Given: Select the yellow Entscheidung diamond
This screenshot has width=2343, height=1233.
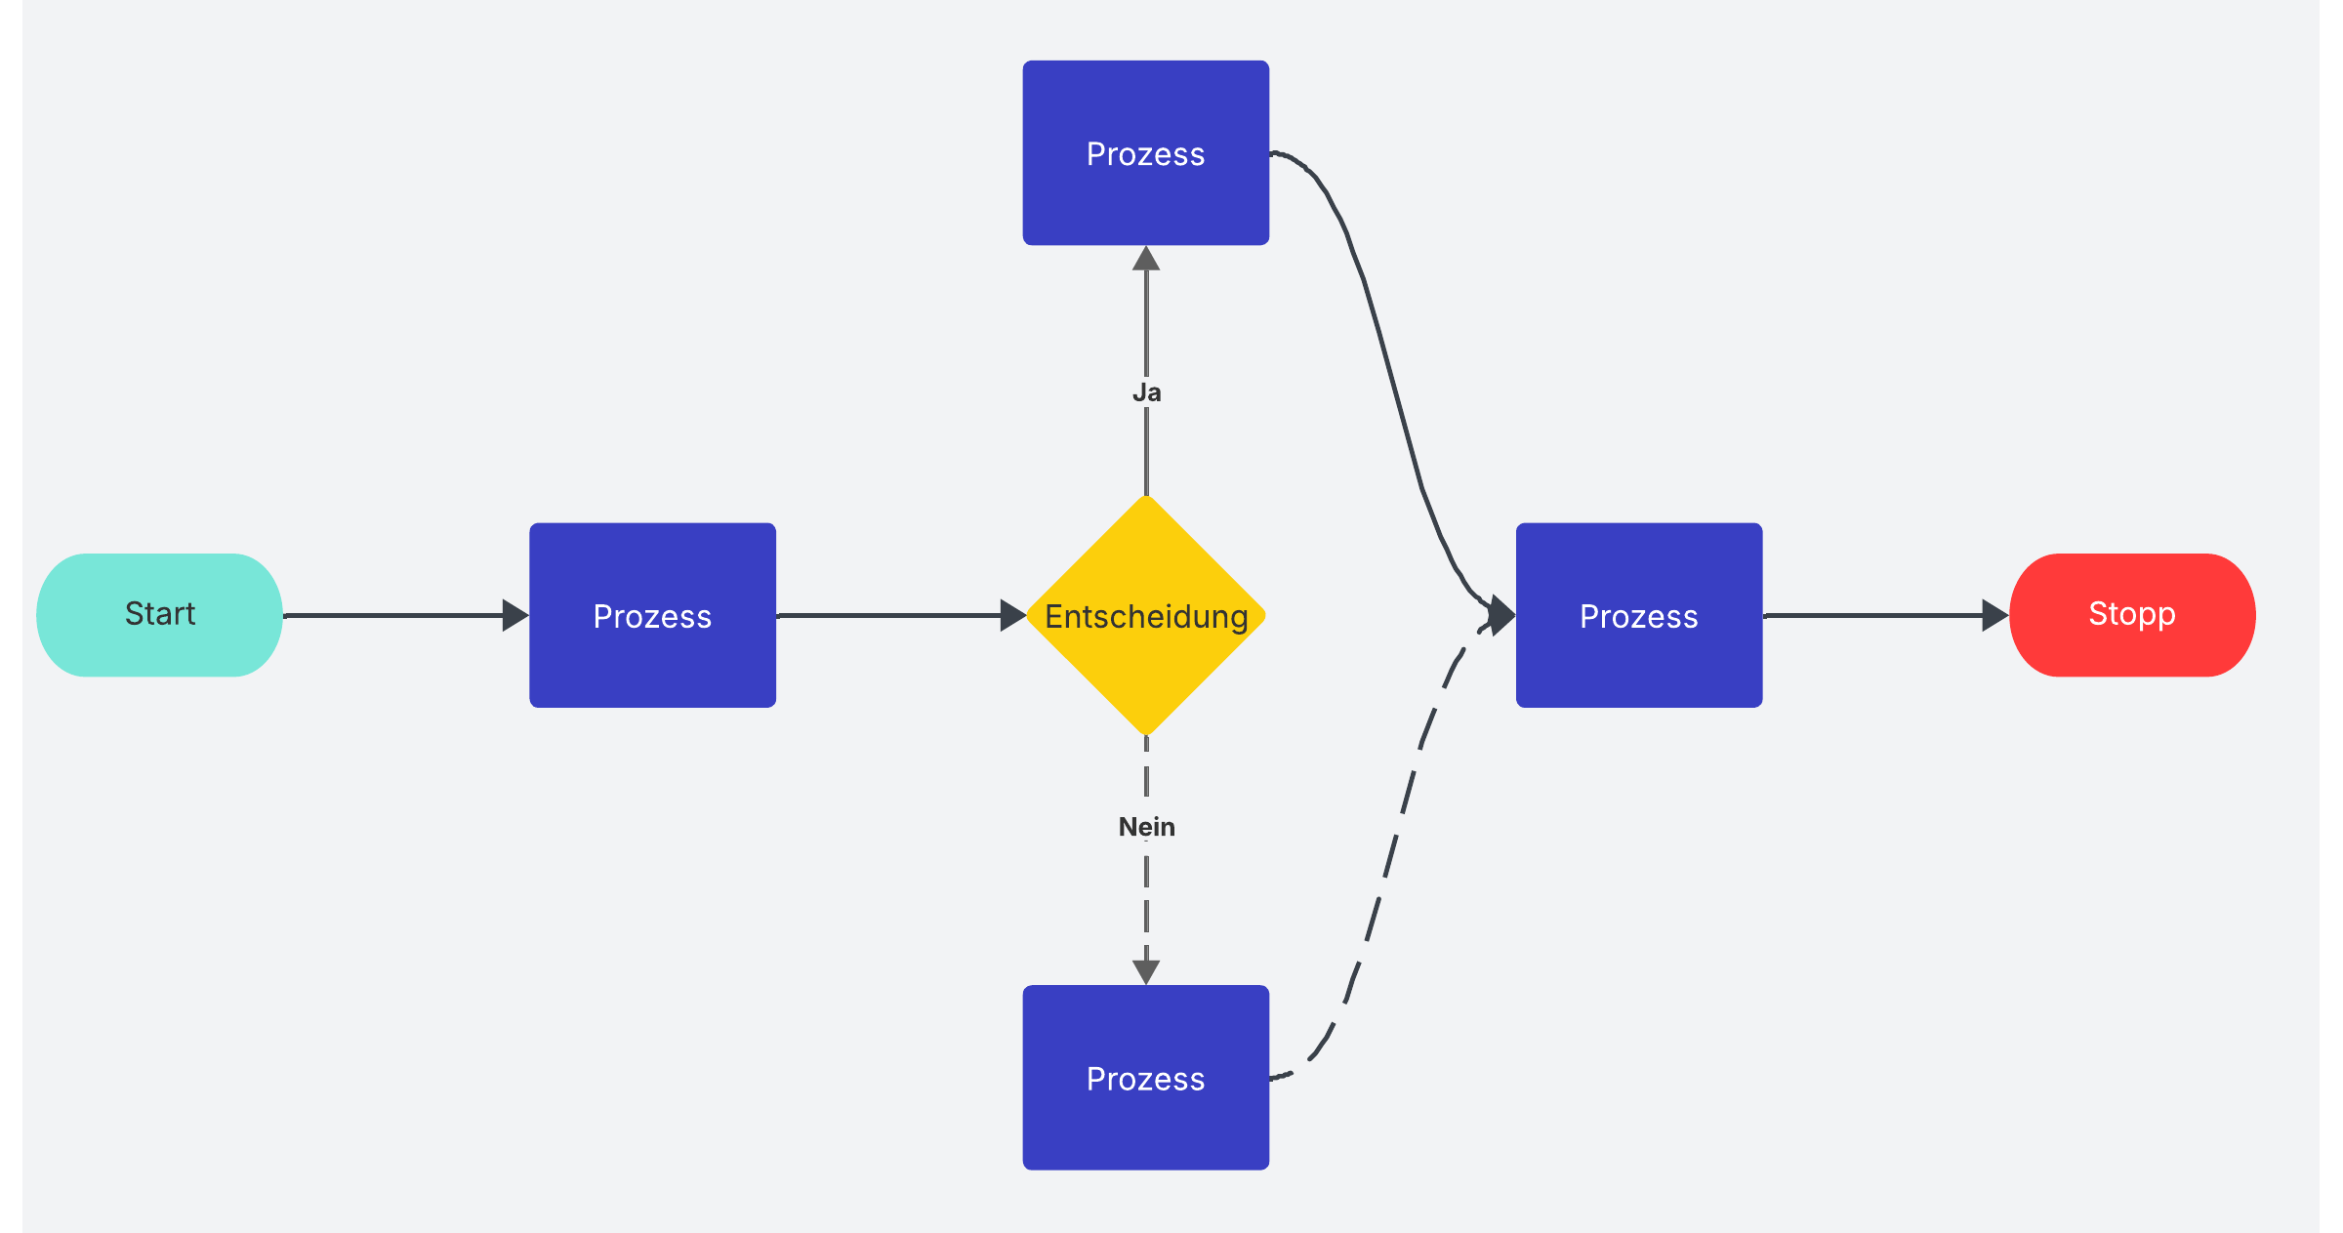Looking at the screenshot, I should (1146, 683).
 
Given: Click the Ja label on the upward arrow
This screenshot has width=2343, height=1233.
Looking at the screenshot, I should (1146, 392).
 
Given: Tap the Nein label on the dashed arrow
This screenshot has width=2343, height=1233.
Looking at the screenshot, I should (1146, 827).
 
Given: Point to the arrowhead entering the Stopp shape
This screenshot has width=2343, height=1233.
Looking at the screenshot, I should (1994, 615).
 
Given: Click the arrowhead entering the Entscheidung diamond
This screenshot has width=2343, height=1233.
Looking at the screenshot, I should (1012, 615).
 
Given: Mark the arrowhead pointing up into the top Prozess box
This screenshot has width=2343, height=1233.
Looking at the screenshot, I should (1146, 259).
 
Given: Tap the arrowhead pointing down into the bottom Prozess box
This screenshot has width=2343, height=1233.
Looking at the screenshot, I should (1146, 971).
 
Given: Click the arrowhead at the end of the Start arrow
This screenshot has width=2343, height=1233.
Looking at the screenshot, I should (514, 615).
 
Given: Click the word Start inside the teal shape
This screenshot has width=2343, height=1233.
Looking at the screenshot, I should (160, 613).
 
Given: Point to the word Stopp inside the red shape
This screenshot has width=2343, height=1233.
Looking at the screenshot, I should (2131, 613).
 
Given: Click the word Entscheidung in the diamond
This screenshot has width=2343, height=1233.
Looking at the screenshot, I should (1146, 616).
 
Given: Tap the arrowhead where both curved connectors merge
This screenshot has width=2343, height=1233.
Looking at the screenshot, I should (1501, 615).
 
